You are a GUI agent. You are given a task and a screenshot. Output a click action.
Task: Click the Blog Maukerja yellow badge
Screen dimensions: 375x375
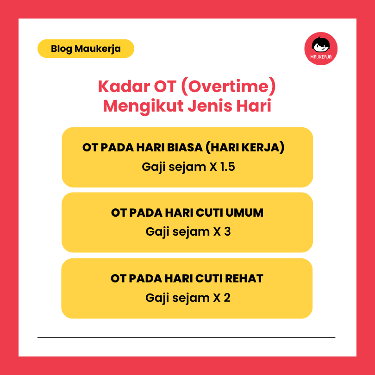(86, 49)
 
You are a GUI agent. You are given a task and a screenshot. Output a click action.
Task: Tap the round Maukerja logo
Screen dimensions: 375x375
(321, 49)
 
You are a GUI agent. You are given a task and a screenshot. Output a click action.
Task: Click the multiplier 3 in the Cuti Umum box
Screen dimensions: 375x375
(227, 231)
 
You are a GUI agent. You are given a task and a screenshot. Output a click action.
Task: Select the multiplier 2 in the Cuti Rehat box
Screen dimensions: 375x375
(226, 297)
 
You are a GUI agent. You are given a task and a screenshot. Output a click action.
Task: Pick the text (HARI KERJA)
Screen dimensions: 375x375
(244, 148)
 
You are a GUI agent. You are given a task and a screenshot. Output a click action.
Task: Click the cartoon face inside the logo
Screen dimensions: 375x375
(321, 45)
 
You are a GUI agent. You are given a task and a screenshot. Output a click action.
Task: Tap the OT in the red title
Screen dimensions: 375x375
(161, 87)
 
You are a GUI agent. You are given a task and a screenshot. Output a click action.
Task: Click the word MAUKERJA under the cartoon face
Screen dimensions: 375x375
(321, 57)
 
